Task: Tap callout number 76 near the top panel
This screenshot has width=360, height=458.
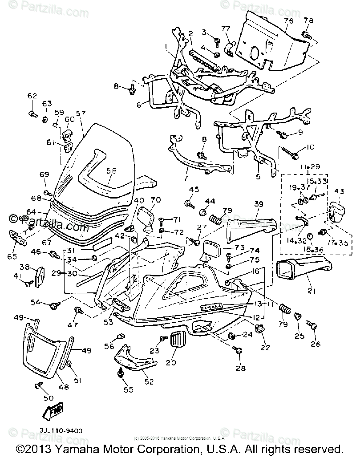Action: click(x=288, y=21)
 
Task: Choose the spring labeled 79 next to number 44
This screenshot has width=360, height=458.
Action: click(x=216, y=219)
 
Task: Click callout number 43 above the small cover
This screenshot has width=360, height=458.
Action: click(x=340, y=191)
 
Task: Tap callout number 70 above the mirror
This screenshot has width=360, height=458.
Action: click(x=156, y=200)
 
